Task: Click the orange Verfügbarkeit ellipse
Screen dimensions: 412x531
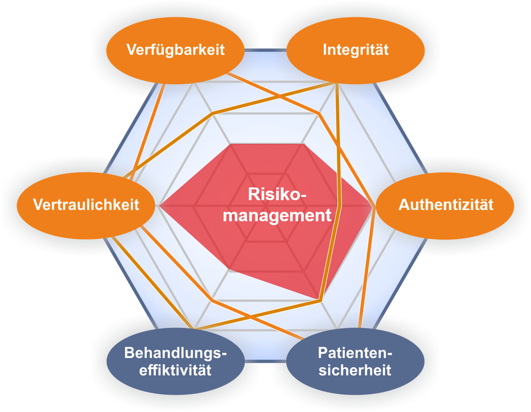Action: (176, 50)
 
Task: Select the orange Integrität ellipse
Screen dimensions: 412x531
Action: (355, 50)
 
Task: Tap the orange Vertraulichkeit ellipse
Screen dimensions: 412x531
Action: (86, 205)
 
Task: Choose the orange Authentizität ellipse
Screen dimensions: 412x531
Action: (446, 205)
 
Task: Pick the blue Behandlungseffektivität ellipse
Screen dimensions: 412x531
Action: (176, 361)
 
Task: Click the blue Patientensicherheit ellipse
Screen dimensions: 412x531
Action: (355, 361)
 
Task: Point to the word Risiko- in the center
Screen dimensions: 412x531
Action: (277, 195)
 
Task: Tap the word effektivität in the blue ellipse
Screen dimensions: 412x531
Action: (176, 370)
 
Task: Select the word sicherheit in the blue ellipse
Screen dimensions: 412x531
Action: (355, 370)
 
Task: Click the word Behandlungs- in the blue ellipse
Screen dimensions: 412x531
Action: (176, 353)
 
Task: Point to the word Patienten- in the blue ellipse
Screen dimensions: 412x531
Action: (355, 353)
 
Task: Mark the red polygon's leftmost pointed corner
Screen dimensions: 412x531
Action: (160, 206)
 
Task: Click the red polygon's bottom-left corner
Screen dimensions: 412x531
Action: (230, 269)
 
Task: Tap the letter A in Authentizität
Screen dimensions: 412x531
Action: (403, 205)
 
